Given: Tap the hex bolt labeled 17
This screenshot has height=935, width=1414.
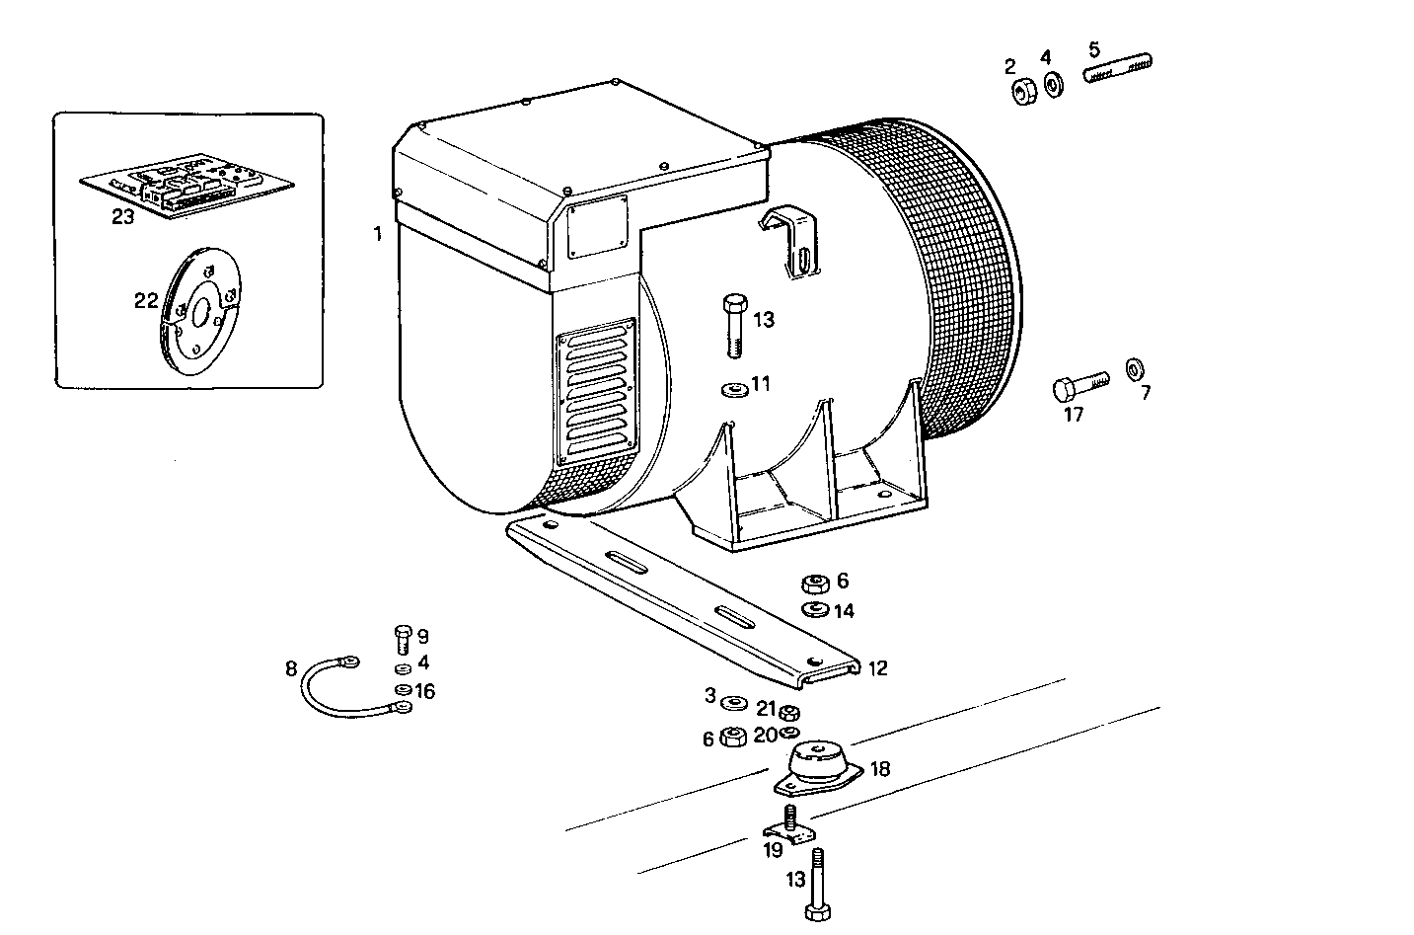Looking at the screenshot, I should (1079, 384).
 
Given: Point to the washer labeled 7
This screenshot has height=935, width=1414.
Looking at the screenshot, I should (1134, 369).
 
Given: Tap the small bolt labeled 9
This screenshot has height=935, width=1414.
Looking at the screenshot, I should (402, 639).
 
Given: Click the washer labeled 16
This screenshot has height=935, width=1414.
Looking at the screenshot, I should (403, 690).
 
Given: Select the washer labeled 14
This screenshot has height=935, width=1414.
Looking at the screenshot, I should (815, 608).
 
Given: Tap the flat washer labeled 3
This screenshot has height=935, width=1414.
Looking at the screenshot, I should (733, 702).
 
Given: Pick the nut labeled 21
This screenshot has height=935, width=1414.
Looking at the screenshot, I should (788, 712).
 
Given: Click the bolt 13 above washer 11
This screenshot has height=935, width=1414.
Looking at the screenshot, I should (733, 323).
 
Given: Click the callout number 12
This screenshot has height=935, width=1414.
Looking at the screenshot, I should (877, 669).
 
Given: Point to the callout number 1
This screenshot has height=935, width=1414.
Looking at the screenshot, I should (377, 234).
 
